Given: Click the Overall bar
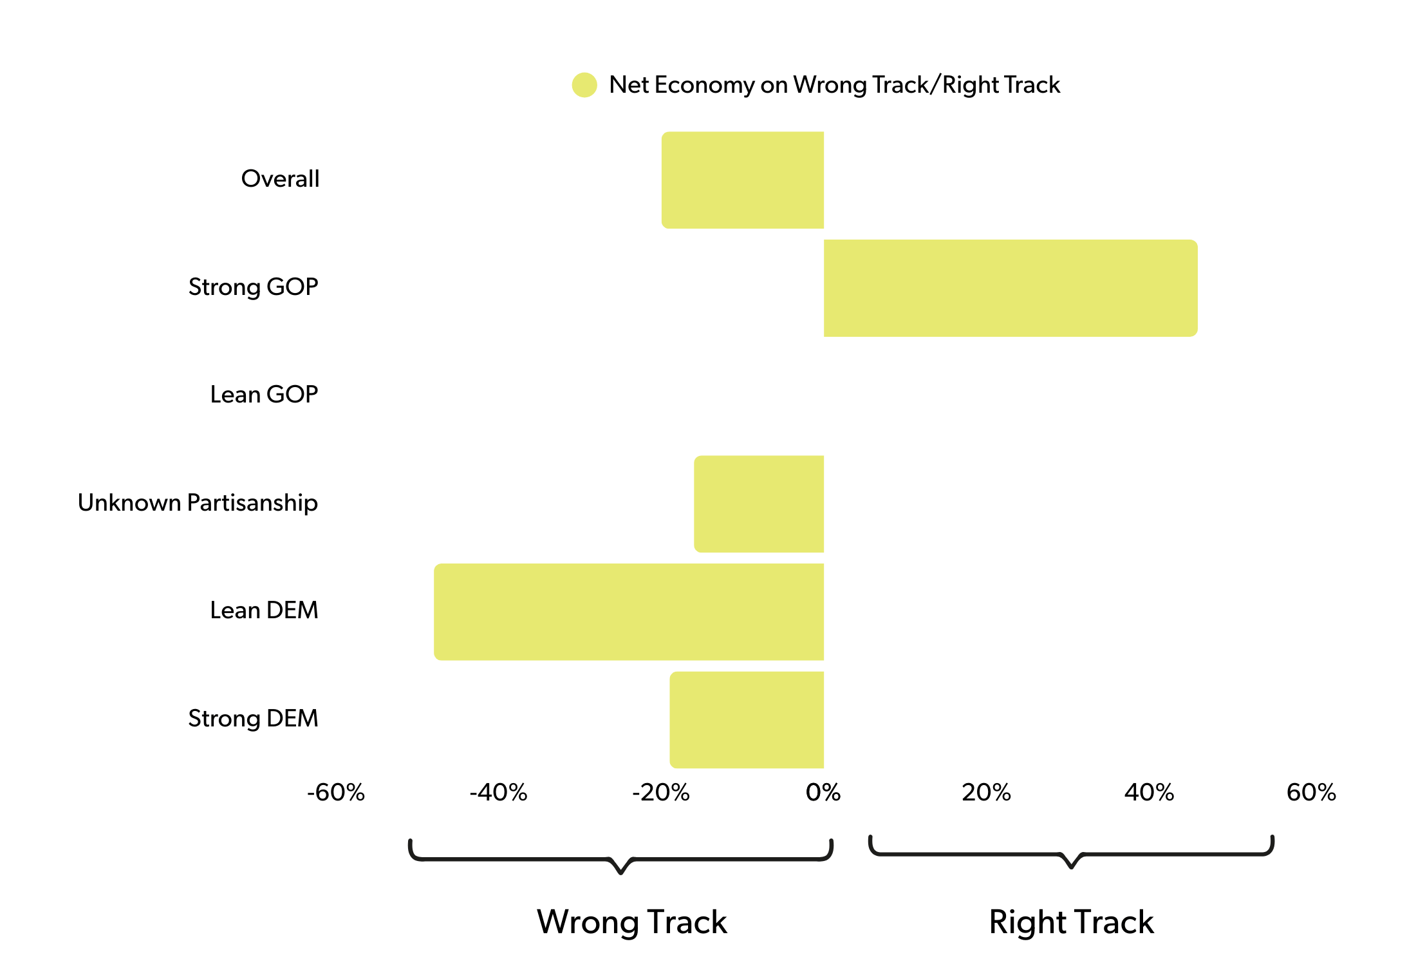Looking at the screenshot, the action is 743,180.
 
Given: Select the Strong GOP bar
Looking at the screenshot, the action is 1011,288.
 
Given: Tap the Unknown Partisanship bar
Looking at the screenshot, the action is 759,504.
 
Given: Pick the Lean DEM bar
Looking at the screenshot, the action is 629,612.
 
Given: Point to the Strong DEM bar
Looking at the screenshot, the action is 747,720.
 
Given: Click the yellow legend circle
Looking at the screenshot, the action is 584,85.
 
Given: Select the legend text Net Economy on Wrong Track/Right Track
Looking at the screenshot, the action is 834,85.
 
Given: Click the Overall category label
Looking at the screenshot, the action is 280,179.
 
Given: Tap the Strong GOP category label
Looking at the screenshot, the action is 253,287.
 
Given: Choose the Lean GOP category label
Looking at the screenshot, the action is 264,395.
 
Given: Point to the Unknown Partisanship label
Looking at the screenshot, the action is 198,503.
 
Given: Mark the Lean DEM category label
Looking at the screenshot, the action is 264,611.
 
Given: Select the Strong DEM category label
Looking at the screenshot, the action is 253,719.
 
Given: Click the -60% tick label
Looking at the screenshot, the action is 336,793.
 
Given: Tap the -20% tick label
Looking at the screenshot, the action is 661,793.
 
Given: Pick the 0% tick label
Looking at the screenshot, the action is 823,793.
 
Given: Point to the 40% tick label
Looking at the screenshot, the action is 1149,793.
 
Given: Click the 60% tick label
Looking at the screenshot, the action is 1311,793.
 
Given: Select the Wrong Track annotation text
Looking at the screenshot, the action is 632,922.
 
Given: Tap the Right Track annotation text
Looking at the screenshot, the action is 1072,922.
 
